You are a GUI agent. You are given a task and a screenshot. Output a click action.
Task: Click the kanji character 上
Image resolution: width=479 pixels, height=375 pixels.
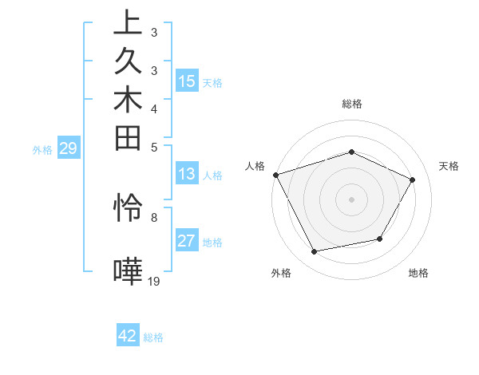coord(128,23)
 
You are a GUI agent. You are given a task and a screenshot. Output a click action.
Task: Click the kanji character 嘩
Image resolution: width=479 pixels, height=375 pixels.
coord(128,271)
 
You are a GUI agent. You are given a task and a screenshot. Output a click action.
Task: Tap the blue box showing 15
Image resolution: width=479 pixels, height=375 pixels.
coord(187,81)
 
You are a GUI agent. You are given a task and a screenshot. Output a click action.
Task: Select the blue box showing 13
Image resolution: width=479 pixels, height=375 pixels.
coord(187,174)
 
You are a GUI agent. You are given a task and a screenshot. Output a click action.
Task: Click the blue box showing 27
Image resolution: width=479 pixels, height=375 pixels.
coord(187,242)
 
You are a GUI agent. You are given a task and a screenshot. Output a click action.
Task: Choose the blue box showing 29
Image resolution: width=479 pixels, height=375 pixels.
coord(69,148)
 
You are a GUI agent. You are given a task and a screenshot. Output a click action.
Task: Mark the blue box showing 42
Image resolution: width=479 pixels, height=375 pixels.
coord(128,336)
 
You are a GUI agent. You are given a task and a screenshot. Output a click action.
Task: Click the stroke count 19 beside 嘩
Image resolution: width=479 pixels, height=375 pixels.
coord(154,281)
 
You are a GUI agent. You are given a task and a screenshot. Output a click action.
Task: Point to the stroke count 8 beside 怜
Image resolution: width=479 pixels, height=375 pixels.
coord(154,216)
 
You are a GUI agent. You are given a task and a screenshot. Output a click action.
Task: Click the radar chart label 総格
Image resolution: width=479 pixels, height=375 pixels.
coord(351,104)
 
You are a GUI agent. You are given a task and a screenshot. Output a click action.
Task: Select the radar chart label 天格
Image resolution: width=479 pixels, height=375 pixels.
coord(449,166)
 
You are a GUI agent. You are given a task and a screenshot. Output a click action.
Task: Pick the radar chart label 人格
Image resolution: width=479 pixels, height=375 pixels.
coord(255,166)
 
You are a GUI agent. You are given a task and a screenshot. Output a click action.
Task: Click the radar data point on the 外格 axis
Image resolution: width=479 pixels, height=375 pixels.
coord(314,252)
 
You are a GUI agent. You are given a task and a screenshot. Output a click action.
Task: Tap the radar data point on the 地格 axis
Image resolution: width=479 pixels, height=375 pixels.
coord(380,239)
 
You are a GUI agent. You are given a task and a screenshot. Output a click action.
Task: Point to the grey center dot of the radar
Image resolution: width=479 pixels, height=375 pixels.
coord(351,199)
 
